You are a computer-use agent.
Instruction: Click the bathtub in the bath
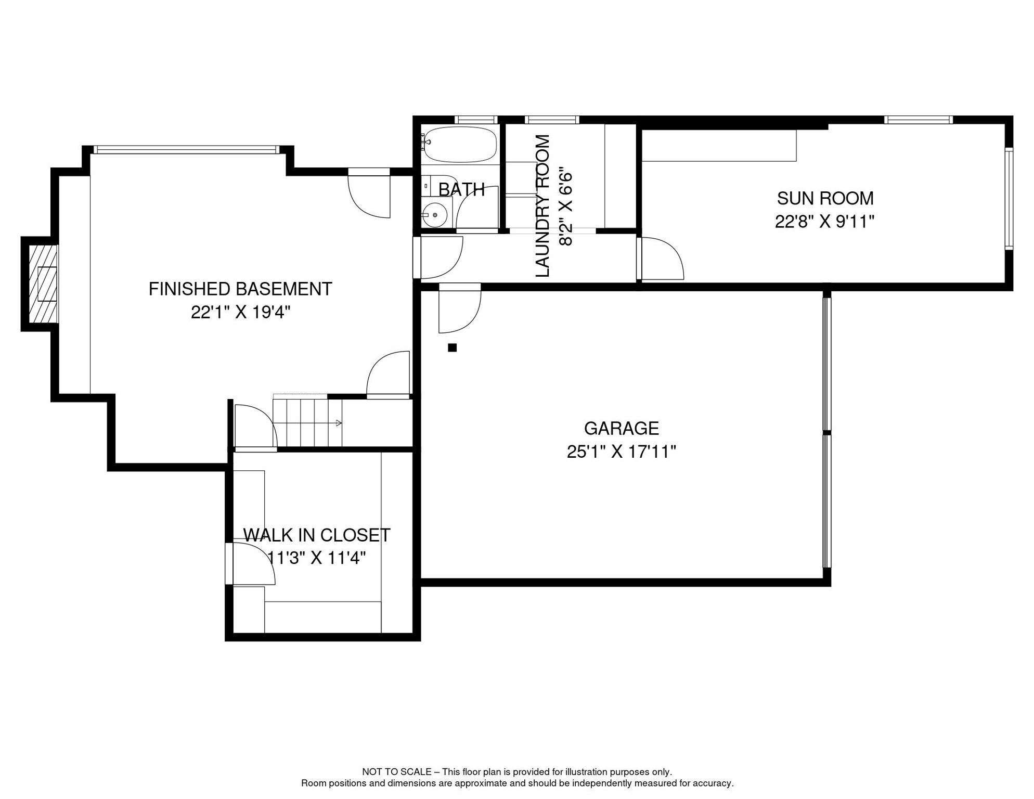click(460, 144)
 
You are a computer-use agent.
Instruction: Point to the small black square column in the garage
click(453, 347)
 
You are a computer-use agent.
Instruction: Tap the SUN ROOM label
click(825, 198)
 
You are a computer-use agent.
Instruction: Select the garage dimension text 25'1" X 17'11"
click(622, 452)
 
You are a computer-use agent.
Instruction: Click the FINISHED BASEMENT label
click(240, 289)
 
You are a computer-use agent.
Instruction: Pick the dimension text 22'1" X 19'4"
click(240, 313)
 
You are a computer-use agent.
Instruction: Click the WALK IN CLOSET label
click(317, 535)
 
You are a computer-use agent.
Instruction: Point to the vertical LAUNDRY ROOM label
click(542, 206)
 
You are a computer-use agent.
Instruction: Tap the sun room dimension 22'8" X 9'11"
click(825, 222)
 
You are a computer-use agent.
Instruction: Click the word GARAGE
click(622, 428)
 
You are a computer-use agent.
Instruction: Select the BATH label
click(461, 190)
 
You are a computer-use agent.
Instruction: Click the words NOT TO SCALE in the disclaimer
click(397, 772)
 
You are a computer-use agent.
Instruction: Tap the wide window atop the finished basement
click(186, 150)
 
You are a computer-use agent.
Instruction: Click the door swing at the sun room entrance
click(661, 259)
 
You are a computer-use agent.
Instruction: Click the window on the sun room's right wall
click(1009, 198)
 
